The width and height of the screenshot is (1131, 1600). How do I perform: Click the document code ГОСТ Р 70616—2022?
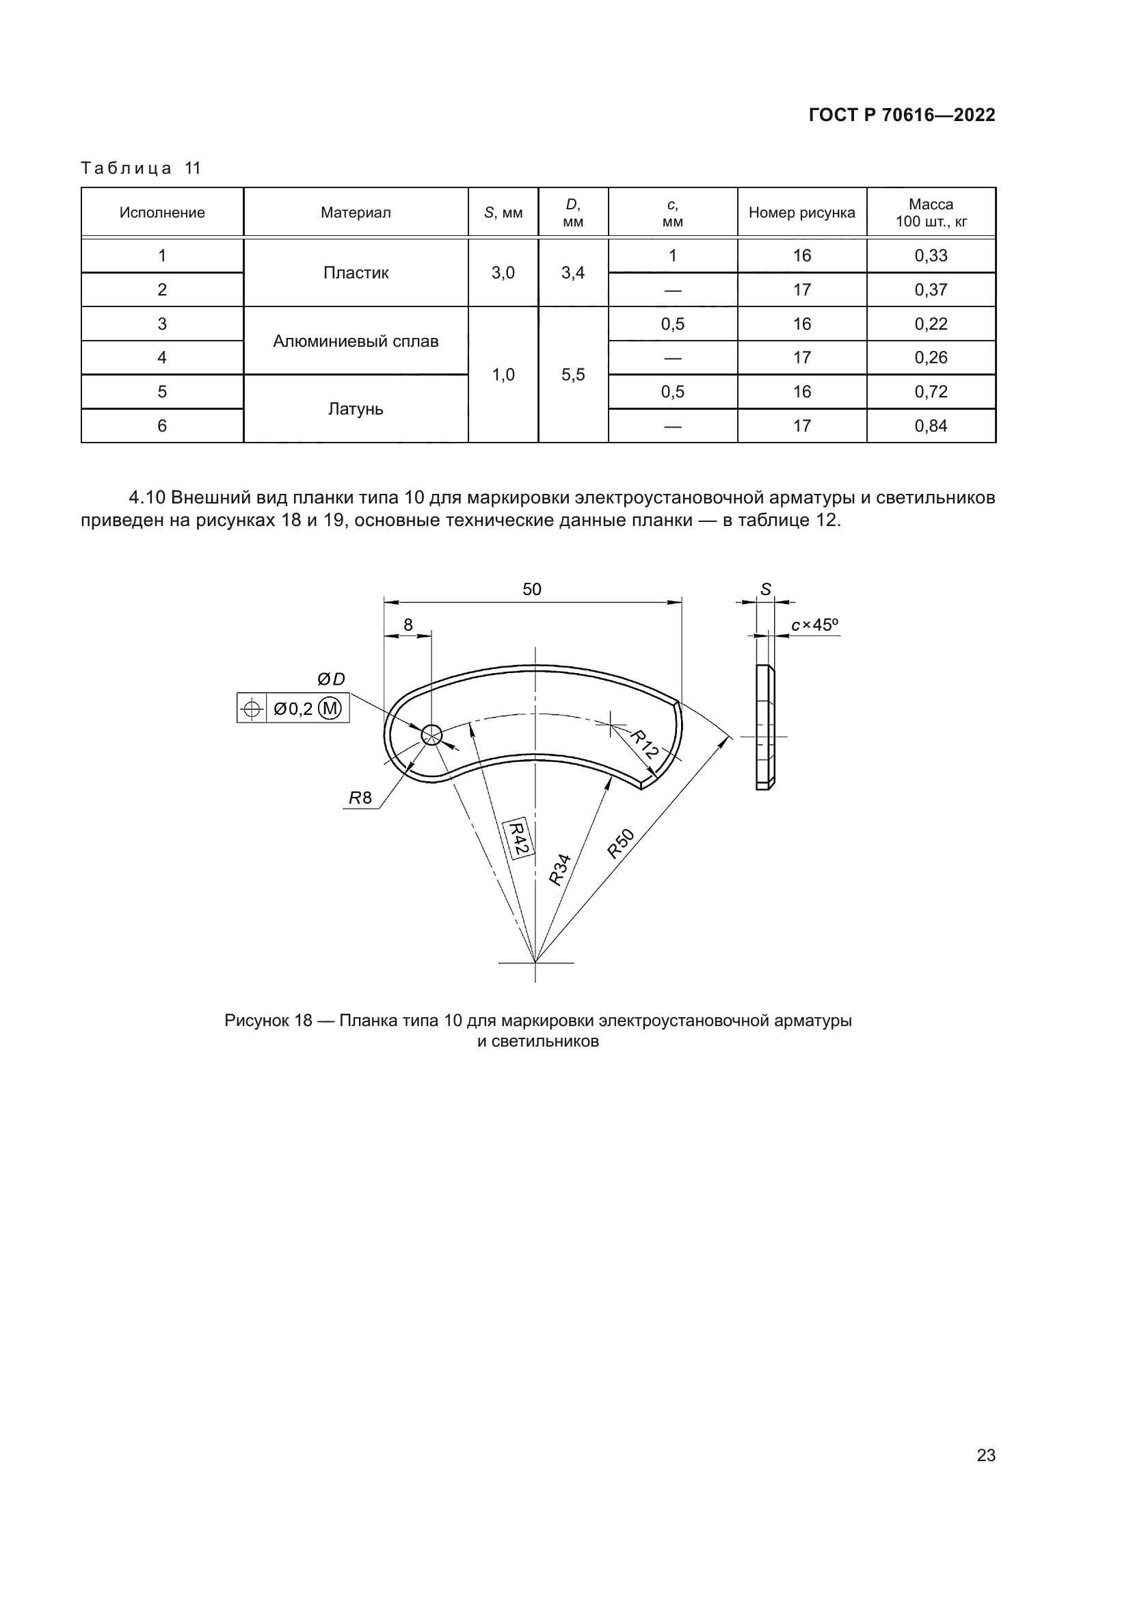(901, 115)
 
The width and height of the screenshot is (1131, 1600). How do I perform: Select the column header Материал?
(355, 213)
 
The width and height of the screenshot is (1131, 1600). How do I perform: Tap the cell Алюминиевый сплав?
(355, 341)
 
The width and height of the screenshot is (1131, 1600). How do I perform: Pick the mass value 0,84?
(931, 425)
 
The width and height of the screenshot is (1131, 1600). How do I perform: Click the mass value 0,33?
(931, 256)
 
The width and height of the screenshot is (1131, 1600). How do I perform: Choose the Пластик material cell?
(355, 273)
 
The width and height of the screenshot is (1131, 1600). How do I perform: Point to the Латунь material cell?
(355, 409)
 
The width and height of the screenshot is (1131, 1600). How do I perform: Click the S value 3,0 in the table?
(503, 273)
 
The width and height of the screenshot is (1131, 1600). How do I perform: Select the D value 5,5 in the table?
(572, 375)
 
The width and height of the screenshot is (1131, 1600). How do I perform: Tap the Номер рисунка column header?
(801, 213)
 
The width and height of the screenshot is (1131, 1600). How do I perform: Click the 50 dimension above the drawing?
(531, 590)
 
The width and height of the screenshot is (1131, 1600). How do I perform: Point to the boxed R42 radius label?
(518, 839)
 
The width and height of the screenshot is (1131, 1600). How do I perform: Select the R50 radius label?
(620, 843)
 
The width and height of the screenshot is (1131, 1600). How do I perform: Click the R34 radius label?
(559, 869)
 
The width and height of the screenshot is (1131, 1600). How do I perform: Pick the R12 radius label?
(644, 744)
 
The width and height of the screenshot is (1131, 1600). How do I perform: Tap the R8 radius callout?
(360, 798)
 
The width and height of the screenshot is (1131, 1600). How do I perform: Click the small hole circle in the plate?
(431, 735)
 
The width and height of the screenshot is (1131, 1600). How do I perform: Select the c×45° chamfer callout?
(814, 625)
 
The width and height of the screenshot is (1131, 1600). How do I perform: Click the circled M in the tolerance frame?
(330, 709)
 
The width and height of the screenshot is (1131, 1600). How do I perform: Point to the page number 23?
(985, 1455)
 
